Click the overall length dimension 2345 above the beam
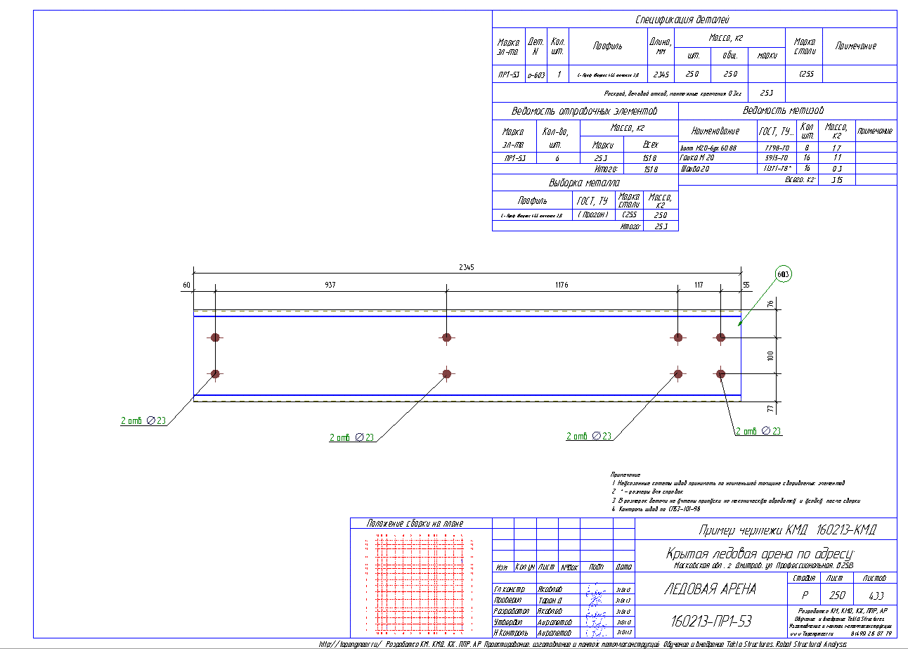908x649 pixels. click(x=467, y=267)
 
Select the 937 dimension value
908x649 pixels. click(x=330, y=285)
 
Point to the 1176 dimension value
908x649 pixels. click(x=561, y=285)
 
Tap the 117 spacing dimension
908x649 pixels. click(x=699, y=285)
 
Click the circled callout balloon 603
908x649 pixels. click(x=783, y=274)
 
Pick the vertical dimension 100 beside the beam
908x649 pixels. click(x=770, y=356)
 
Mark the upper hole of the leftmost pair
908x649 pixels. click(x=215, y=338)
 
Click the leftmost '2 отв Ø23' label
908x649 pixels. click(x=143, y=421)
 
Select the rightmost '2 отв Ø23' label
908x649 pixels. click(x=758, y=431)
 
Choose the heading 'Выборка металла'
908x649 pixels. click(x=584, y=183)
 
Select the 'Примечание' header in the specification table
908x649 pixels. click(x=855, y=46)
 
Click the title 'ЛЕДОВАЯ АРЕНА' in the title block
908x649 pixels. click(x=711, y=589)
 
